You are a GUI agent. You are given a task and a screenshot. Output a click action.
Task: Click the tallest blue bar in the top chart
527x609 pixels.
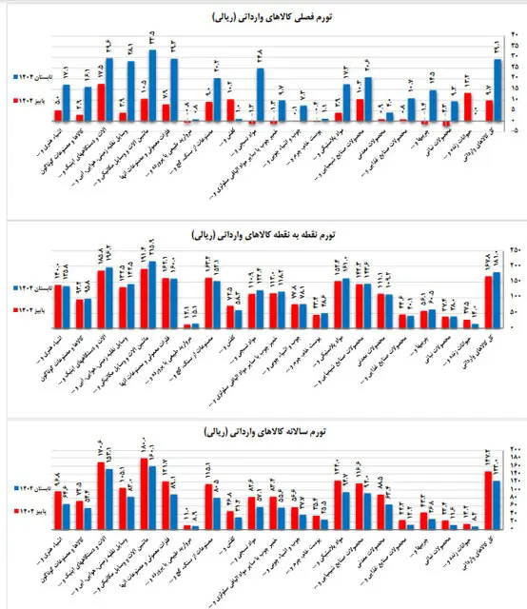coord(153,87)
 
